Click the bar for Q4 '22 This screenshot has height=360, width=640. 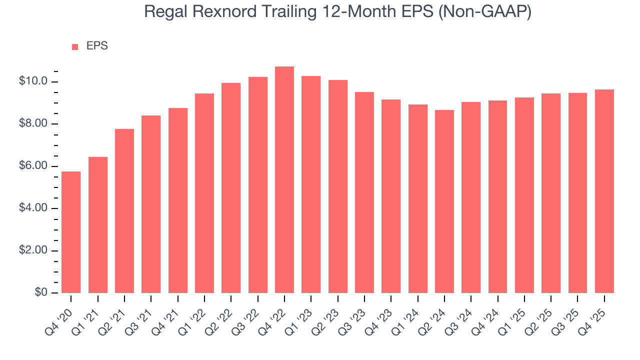(284, 180)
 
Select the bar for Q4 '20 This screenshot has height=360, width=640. (71, 232)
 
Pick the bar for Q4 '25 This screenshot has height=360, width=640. (604, 191)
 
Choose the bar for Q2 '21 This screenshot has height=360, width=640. (124, 211)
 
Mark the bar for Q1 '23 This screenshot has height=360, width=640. (311, 184)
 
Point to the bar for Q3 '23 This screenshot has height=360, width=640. (364, 192)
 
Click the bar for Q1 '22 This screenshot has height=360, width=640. (204, 193)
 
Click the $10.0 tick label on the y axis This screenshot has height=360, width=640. (33, 81)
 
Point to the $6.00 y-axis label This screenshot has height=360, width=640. (33, 166)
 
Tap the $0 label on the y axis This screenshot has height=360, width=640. (41, 292)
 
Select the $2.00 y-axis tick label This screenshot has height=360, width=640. (33, 250)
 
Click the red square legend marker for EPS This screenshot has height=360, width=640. (75, 46)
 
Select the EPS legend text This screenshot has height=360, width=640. (97, 46)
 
